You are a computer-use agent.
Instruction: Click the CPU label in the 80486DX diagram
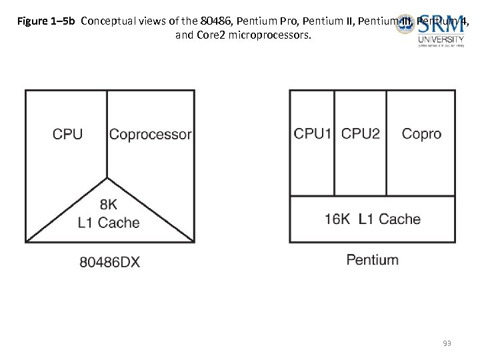tap(68, 134)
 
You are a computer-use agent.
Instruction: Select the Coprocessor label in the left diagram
tap(150, 134)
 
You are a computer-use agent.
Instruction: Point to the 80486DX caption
tap(109, 262)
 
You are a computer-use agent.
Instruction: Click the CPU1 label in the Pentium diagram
tap(313, 134)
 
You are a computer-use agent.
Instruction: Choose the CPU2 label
tap(360, 134)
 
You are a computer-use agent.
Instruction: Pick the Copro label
tap(421, 134)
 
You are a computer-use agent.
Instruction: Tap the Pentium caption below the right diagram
tap(372, 259)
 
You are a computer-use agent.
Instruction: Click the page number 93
tap(447, 343)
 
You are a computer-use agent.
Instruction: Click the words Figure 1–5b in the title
tap(47, 21)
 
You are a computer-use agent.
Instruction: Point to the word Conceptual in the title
tap(106, 21)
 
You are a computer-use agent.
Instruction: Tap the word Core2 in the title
tap(211, 35)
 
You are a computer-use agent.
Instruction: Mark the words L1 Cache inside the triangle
tap(109, 223)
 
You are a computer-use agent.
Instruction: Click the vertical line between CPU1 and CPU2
tap(334, 143)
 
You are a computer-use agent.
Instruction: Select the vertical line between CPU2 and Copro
tap(387, 143)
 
